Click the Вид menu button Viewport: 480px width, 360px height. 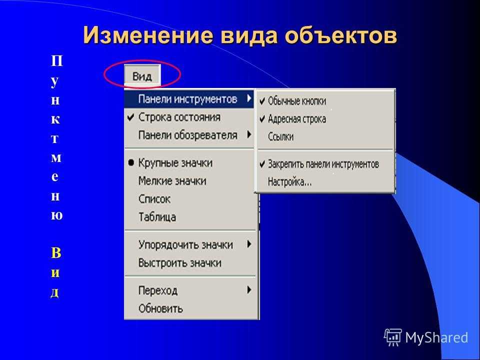pos(142,75)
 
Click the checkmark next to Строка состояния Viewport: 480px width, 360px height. pos(130,117)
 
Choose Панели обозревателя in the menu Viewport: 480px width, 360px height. pos(187,135)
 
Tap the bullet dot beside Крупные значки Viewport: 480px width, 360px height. pos(131,163)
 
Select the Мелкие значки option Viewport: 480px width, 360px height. pos(172,181)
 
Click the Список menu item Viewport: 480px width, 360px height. pos(154,199)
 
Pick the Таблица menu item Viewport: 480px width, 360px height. pos(157,217)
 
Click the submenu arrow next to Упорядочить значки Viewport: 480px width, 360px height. pos(249,244)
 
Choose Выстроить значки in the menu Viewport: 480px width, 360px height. pos(180,263)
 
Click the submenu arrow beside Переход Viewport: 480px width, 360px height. pos(249,289)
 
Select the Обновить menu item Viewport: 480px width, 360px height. pos(160,308)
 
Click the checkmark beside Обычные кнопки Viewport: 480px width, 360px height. pos(262,101)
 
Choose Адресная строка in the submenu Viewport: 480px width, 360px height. pos(297,119)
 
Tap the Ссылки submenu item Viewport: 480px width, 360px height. pos(280,136)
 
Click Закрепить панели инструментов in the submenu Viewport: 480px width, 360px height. pos(323,164)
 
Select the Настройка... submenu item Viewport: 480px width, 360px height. pos(289,182)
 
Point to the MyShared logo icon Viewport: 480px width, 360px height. pos(393,337)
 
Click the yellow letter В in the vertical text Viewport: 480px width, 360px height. pos(56,253)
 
